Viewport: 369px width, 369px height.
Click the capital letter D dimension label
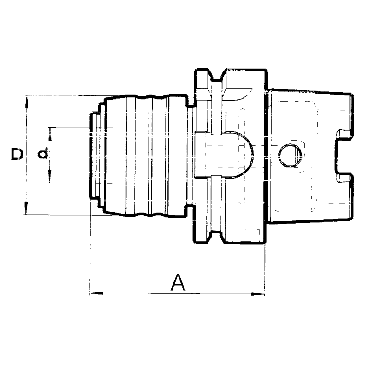point(17,155)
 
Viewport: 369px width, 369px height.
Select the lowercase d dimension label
point(42,154)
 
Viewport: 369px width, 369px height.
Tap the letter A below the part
point(178,282)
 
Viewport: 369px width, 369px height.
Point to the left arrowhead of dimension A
point(93,293)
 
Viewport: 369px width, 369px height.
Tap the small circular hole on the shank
point(291,155)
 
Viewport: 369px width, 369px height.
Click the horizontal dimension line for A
point(138,293)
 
